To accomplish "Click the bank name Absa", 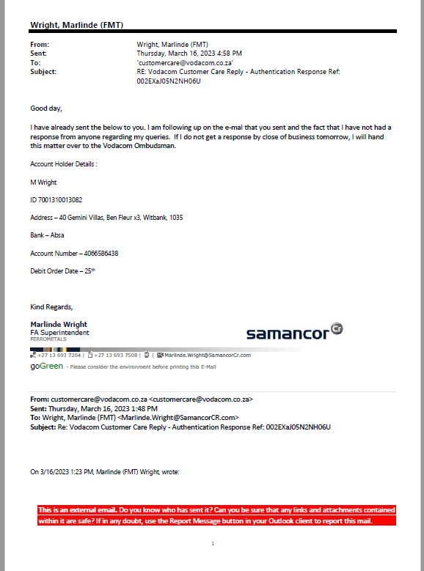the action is pyautogui.click(x=57, y=235).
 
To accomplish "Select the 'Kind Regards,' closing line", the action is pyautogui.click(x=51, y=306).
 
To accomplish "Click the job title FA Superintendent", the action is pyautogui.click(x=59, y=333).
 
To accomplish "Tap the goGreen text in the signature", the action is pyautogui.click(x=46, y=366).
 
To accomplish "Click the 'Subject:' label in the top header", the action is pyautogui.click(x=43, y=72).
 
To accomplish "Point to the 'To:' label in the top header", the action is pyautogui.click(x=35, y=63).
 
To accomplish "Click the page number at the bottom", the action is pyautogui.click(x=212, y=543).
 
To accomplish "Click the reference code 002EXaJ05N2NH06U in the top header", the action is pyautogui.click(x=169, y=81).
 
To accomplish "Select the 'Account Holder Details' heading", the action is pyautogui.click(x=63, y=164).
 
